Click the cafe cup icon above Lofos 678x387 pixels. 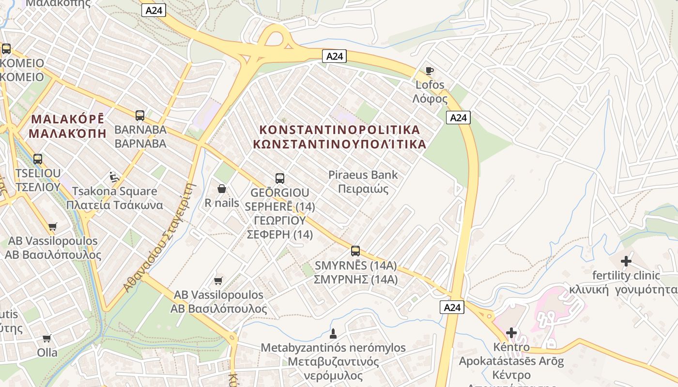(429, 71)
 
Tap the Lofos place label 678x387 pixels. (430, 85)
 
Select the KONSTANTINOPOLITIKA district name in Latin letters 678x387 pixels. (340, 130)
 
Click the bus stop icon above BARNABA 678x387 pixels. (140, 116)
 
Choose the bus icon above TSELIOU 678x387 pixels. (37, 159)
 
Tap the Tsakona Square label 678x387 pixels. (114, 191)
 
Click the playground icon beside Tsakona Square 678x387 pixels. (114, 177)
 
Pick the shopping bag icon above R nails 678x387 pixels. (222, 189)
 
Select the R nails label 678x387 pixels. (222, 203)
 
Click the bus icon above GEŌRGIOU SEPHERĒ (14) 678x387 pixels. (279, 178)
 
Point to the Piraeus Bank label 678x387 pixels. (363, 175)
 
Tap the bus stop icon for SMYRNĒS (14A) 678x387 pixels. (355, 251)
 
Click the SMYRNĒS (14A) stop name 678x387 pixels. (355, 265)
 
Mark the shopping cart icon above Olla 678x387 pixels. (47, 338)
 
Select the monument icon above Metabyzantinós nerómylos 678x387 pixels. (333, 333)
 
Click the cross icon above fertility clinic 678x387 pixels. (626, 261)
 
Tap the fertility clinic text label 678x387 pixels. (626, 276)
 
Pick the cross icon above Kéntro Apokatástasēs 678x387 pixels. (511, 332)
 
